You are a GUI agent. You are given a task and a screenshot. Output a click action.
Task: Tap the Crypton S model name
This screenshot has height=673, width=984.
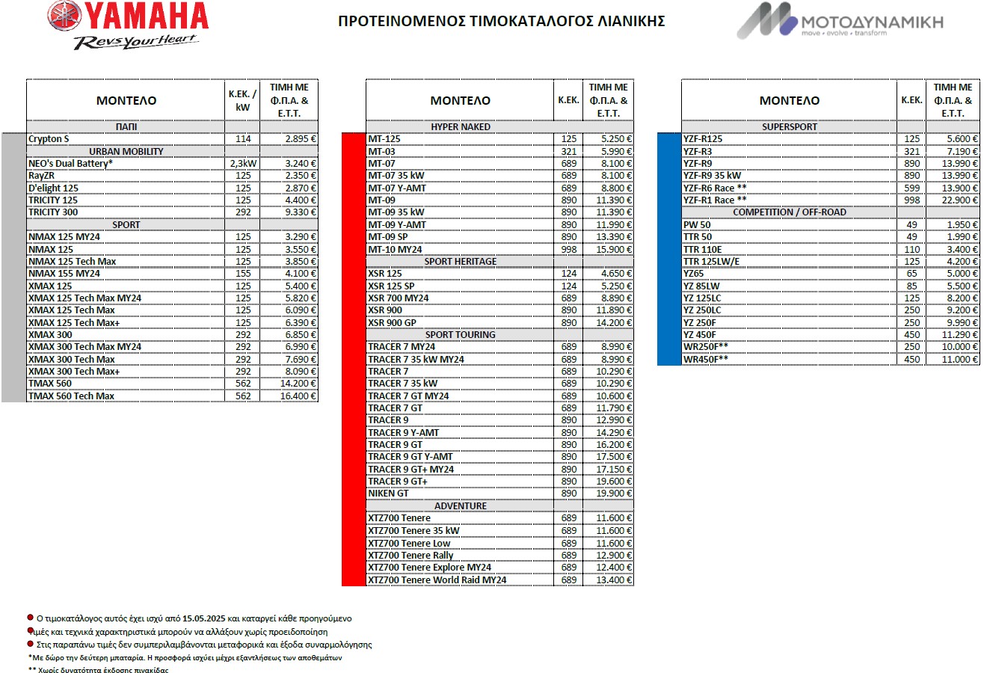coord(49,139)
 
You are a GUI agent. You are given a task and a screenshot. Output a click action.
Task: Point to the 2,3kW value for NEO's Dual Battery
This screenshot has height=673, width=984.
coord(242,163)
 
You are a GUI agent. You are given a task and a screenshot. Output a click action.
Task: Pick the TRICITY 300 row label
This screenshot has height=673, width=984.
coord(53,212)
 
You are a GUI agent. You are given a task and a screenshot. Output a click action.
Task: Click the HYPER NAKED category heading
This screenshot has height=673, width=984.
coord(461,127)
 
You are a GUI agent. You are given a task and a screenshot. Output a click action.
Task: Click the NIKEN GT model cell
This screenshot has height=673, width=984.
coord(388,493)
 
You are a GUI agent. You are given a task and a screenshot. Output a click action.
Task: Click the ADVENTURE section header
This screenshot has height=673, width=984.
coord(461,506)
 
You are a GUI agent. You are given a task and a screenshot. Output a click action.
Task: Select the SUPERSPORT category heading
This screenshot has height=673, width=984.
coord(790,127)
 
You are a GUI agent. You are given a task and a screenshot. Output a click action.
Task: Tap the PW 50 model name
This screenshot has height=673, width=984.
coord(697,224)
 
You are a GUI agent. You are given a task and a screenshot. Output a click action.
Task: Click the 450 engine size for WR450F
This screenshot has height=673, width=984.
coord(911,359)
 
